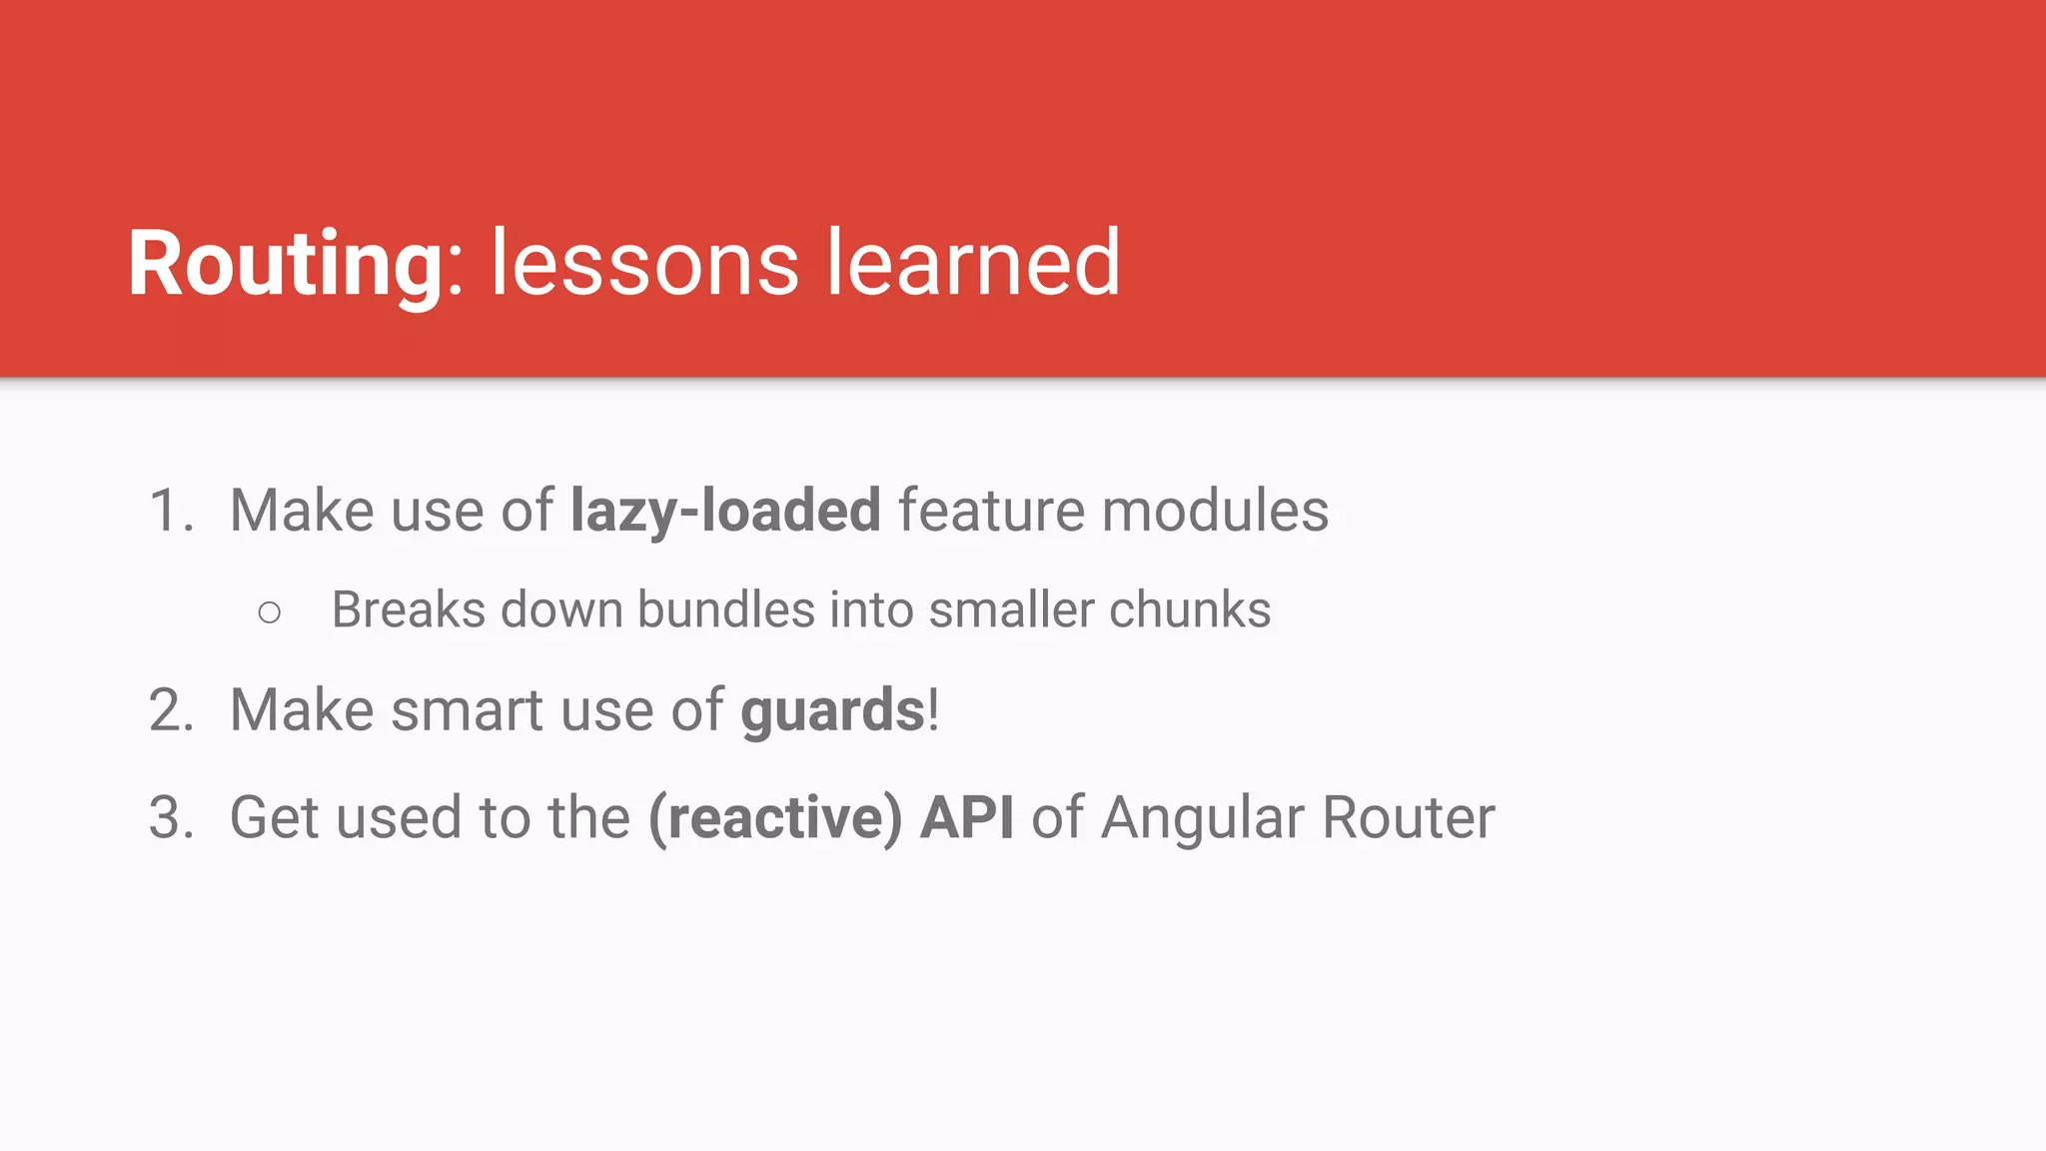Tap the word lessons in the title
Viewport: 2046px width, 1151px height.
[x=644, y=264]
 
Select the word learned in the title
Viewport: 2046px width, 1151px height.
[x=973, y=264]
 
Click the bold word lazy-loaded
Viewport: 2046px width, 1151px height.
[x=725, y=511]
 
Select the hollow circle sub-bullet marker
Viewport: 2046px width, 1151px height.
[x=269, y=611]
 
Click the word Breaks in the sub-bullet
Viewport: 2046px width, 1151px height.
[x=409, y=609]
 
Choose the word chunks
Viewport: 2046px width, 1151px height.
[x=1189, y=609]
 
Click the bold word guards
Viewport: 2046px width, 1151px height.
[x=832, y=711]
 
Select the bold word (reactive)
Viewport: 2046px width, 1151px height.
[x=775, y=817]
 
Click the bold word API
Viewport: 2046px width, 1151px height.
[x=966, y=817]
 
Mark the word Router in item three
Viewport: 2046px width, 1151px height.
[x=1409, y=817]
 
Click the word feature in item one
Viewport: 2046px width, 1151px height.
[x=991, y=511]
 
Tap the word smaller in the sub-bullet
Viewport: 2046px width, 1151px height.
[x=1011, y=609]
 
